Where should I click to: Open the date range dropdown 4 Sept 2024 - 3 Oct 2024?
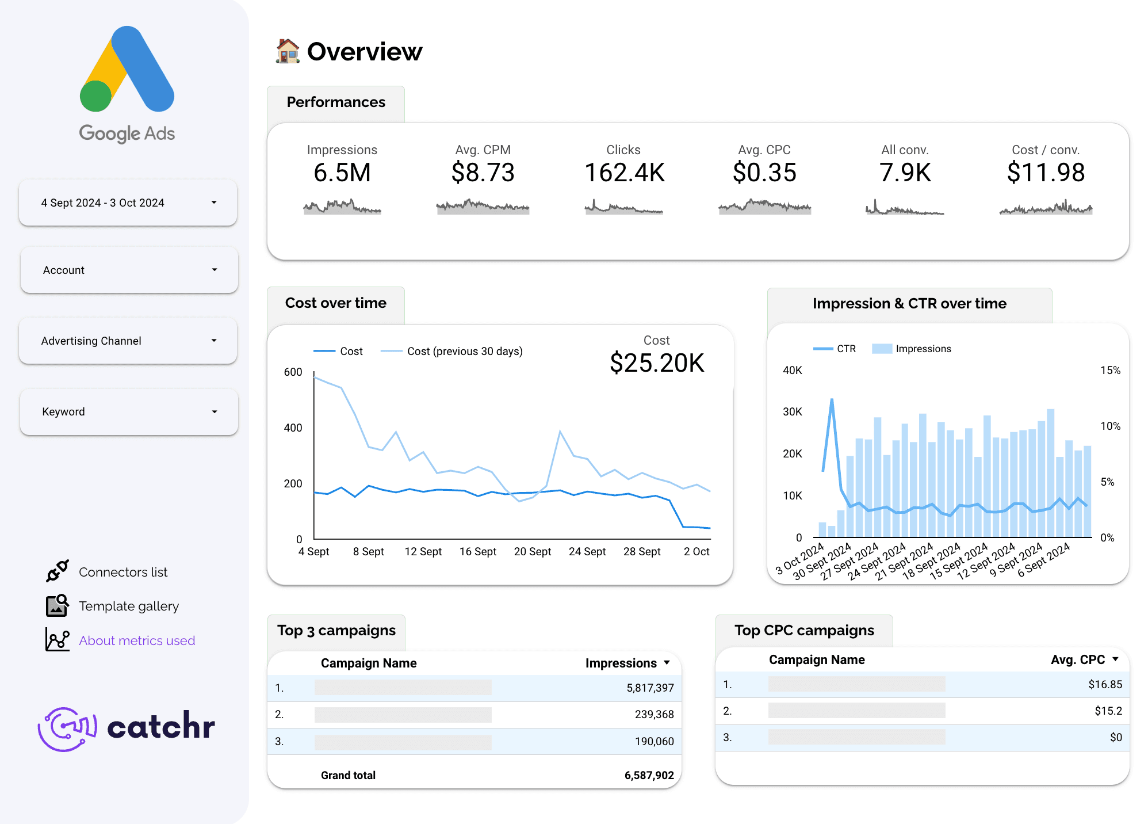tap(128, 203)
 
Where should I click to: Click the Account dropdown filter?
tap(129, 270)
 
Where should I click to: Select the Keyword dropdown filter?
tap(129, 411)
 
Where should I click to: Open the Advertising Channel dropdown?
tap(128, 341)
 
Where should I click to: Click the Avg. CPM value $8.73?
tap(483, 173)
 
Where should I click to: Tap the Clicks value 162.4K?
tap(624, 173)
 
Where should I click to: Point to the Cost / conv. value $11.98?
tap(1046, 173)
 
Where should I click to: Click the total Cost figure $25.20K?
tap(657, 363)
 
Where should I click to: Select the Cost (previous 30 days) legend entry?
tap(464, 351)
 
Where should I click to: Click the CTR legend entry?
tap(845, 349)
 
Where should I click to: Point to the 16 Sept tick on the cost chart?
tap(477, 551)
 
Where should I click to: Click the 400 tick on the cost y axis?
tap(293, 428)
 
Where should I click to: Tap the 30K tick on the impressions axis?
tap(792, 411)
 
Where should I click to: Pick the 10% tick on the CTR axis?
tap(1110, 426)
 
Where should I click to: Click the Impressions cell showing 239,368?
tap(654, 714)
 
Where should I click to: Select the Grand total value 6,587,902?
tap(649, 775)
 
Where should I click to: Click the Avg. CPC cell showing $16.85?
tap(1105, 684)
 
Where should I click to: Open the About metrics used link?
tap(137, 640)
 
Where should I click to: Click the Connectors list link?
tap(123, 572)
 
